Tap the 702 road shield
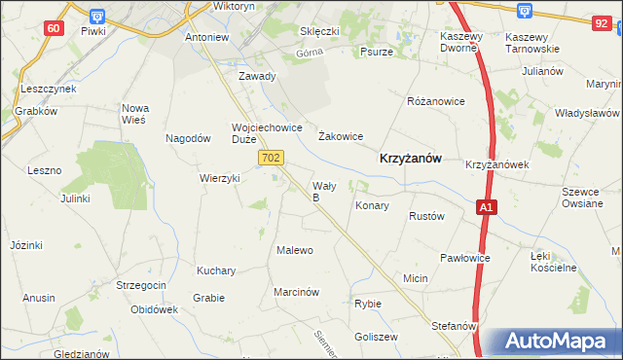[272, 157]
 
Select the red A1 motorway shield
[487, 207]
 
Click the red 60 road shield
[54, 28]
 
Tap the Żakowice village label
[341, 136]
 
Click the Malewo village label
[295, 250]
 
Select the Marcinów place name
[297, 292]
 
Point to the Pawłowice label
[463, 258]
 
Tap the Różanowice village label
[435, 101]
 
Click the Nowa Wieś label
[133, 114]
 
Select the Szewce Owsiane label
[582, 198]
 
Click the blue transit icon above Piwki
[94, 15]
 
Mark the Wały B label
[322, 191]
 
